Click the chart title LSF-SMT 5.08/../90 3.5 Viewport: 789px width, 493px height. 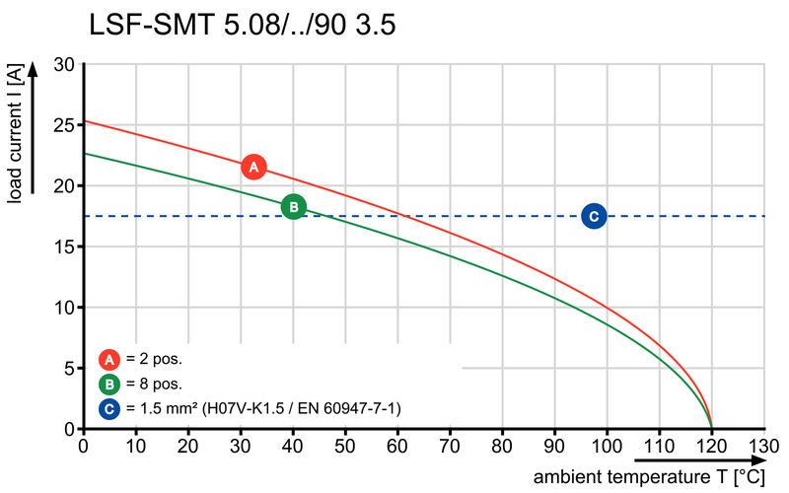[243, 25]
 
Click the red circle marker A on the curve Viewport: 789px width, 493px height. [253, 167]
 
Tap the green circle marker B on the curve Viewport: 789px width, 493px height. [293, 206]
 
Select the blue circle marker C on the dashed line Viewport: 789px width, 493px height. [593, 216]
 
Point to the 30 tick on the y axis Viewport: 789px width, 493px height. [64, 64]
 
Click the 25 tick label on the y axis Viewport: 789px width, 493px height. [64, 125]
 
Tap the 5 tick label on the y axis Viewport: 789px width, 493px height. [69, 369]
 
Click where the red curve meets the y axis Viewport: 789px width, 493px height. [85, 121]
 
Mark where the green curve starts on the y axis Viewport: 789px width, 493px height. [85, 154]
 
